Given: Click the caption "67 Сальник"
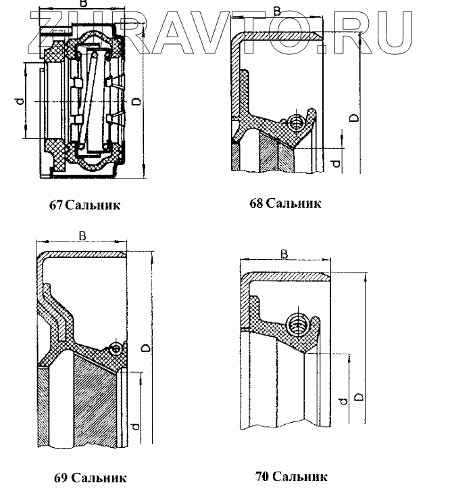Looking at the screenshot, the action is (x=85, y=205).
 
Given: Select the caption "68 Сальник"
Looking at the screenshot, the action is (x=285, y=203).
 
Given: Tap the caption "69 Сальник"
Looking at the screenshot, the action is (x=91, y=478).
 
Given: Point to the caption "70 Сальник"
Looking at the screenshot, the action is (x=291, y=477).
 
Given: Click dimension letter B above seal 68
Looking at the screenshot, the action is (x=277, y=11).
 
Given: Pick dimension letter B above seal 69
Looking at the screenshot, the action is (x=82, y=235).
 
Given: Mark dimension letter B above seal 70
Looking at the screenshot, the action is (x=284, y=254).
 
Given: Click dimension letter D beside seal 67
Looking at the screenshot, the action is (x=136, y=101).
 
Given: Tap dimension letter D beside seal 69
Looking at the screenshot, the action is (x=147, y=347).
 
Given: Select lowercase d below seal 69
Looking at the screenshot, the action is (x=136, y=427).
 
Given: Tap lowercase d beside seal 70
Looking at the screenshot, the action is (x=343, y=403).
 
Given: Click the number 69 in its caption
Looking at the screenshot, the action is (x=61, y=478).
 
